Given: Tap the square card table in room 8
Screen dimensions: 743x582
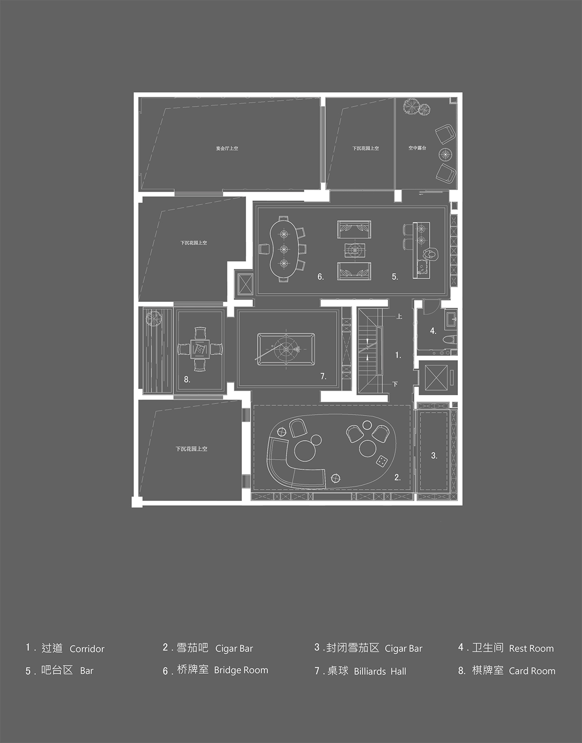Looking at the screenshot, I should (x=200, y=348).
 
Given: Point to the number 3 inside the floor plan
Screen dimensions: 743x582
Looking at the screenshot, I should (x=434, y=455).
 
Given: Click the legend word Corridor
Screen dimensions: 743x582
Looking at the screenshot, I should (x=87, y=649).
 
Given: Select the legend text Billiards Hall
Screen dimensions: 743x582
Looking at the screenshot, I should (x=380, y=671).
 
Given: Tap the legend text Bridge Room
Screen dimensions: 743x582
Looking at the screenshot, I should (x=241, y=670).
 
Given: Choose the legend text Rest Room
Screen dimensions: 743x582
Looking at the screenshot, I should (x=531, y=649).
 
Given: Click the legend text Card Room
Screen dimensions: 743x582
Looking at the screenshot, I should (x=532, y=671).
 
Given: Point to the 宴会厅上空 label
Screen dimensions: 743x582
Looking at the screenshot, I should (x=227, y=148).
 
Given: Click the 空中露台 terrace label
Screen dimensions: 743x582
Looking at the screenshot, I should (x=417, y=148).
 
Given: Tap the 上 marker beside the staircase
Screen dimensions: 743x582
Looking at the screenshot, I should (x=399, y=317).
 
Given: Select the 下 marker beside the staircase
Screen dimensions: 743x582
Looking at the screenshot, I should (x=395, y=384).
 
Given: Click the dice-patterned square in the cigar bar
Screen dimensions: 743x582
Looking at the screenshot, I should (x=382, y=461).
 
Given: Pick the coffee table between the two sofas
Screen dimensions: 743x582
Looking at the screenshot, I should (x=355, y=250).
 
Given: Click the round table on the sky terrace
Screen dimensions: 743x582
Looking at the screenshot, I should (x=445, y=155).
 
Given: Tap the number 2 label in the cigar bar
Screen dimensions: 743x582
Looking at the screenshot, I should (x=397, y=478).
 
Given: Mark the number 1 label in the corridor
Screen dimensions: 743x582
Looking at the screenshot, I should (x=398, y=355).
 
